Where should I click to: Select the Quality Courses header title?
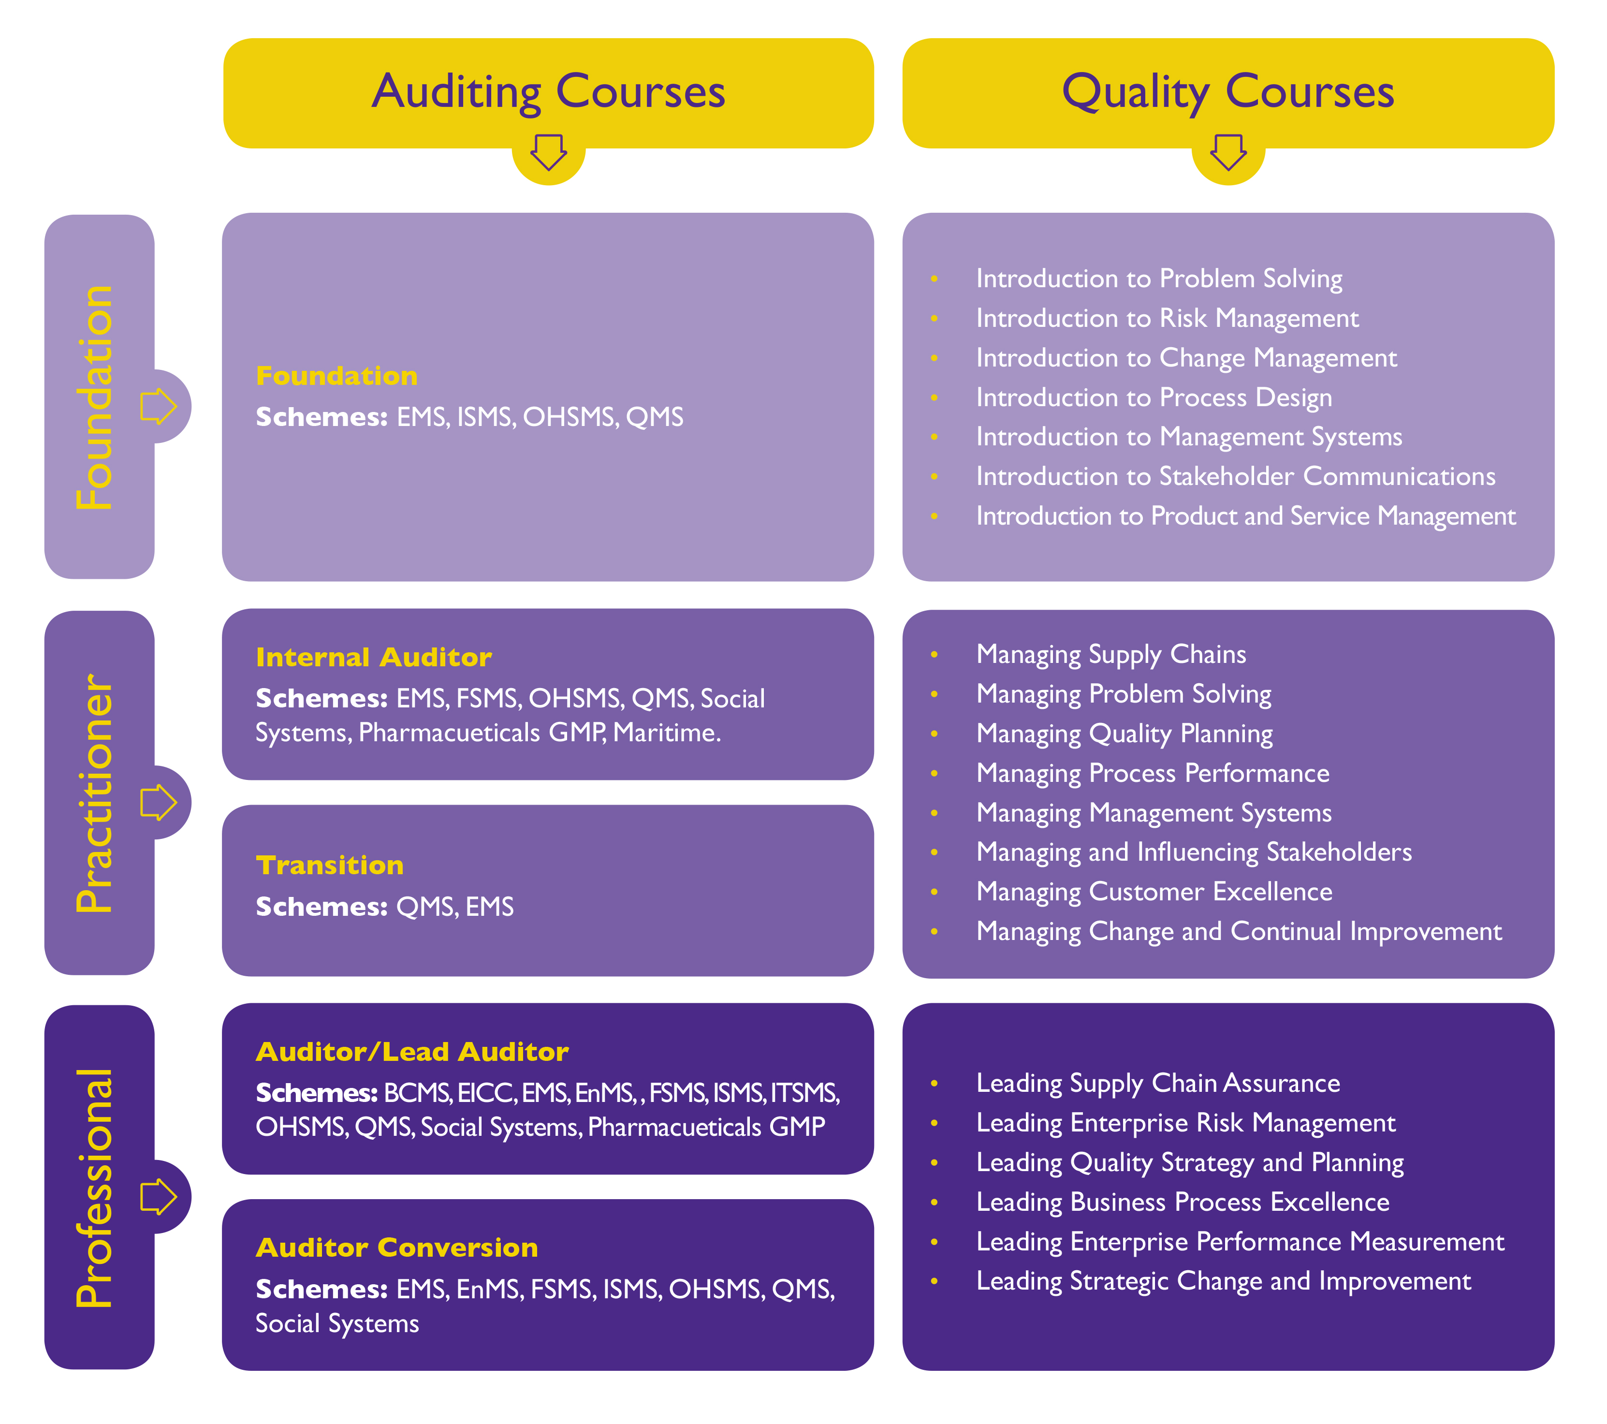1228,92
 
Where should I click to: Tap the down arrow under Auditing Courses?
549,152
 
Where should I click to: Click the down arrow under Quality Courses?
1228,152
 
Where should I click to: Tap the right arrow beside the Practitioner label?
159,802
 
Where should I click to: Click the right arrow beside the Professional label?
159,1197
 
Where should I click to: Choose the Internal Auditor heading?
373,657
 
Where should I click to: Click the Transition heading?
329,865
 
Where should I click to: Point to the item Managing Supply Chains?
1111,654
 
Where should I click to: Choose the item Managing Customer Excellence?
1154,892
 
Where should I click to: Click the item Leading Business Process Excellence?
1183,1202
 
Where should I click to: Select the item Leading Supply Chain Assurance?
1158,1084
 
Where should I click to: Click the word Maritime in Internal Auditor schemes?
667,733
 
